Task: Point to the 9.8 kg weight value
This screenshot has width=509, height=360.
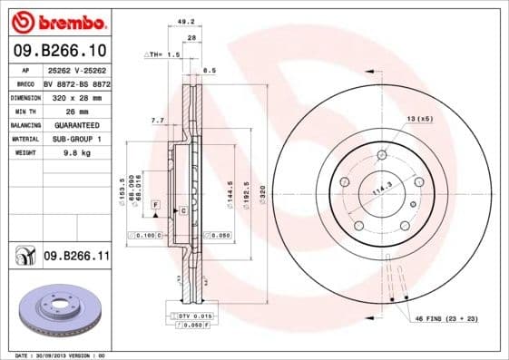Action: coord(75,153)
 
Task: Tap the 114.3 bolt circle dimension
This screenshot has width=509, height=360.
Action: coord(382,189)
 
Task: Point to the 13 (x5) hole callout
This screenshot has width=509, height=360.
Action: coord(420,119)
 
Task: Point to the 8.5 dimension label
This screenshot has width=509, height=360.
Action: coord(209,70)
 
